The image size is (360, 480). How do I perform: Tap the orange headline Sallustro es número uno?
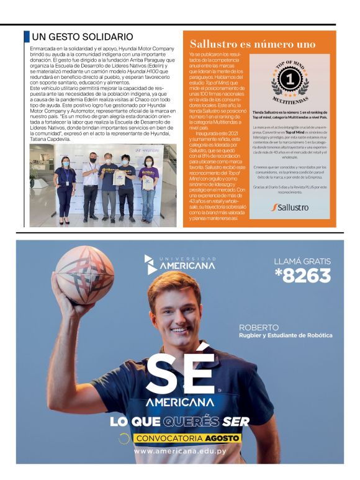coord(253,44)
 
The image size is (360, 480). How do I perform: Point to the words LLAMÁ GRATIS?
coord(303,261)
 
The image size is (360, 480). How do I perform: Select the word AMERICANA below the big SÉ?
coord(180,402)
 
